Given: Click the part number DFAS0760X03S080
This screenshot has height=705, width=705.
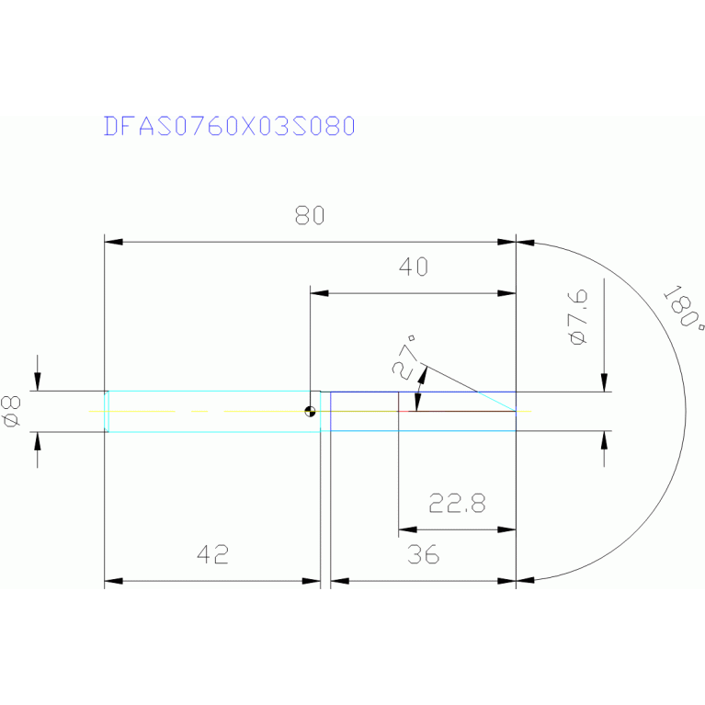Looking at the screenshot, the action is coord(229,126).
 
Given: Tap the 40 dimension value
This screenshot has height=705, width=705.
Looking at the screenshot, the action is coord(413,267).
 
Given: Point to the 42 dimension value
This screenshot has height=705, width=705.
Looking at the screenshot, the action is coord(211,554).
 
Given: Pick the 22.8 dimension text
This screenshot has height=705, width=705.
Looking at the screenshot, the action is coord(457,504).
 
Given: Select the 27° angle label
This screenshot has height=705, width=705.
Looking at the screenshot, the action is coord(405,358).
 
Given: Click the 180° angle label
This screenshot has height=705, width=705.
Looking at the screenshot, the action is coord(685,309).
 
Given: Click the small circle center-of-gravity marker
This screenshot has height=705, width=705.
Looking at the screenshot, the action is coord(313,412).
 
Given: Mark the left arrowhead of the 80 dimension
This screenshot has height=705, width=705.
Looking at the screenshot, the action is coord(113,242).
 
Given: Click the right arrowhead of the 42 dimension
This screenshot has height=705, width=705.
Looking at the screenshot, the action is coord(312,581).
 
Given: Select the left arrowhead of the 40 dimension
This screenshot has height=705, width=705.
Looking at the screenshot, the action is coord(319,294).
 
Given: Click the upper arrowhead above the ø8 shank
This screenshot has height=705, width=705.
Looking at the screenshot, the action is coord(37,382).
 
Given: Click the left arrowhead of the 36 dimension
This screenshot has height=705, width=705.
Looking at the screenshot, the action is coord(339,581).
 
